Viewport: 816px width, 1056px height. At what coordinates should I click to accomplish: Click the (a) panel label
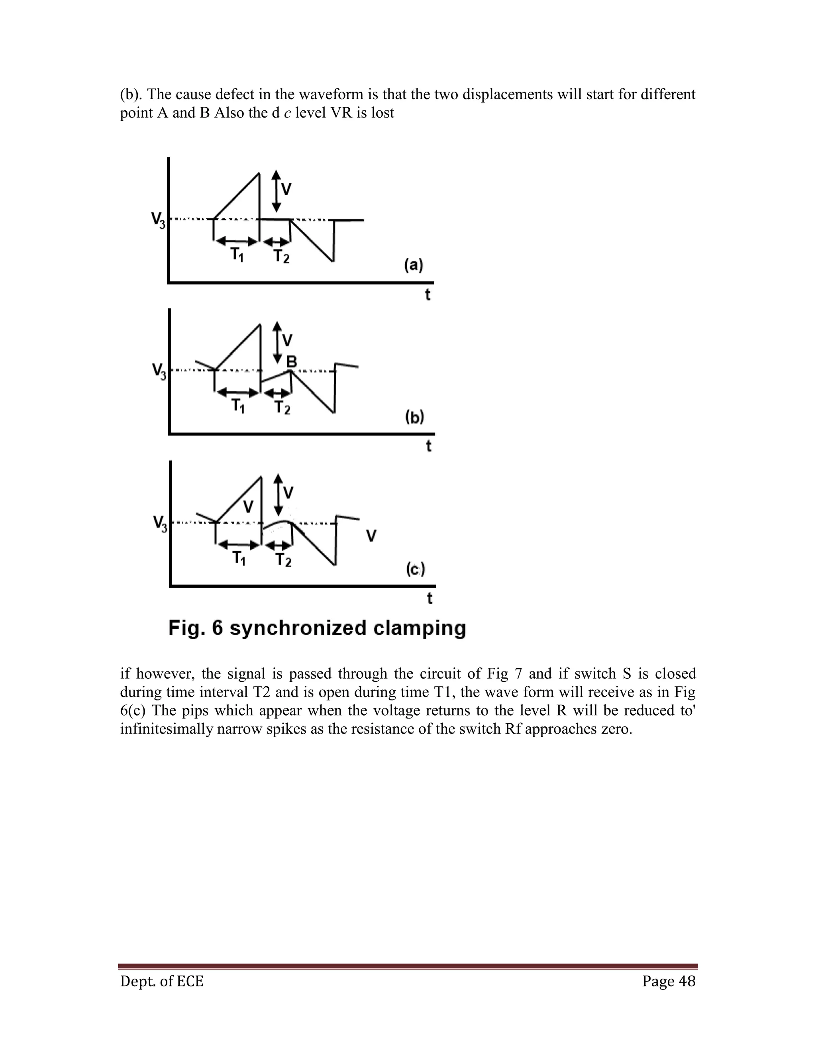point(414,265)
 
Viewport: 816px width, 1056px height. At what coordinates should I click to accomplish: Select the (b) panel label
point(414,417)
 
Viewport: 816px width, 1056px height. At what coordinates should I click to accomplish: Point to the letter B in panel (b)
point(292,361)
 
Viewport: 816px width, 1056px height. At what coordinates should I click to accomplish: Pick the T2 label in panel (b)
point(282,408)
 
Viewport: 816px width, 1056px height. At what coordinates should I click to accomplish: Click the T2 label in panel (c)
point(283,560)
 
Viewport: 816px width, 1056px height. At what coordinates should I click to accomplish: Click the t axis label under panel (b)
point(429,446)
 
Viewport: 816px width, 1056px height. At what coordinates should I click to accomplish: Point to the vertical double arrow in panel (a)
point(276,191)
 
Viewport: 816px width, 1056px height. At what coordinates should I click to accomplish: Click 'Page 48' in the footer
point(669,981)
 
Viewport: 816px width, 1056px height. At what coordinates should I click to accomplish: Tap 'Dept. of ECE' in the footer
point(162,981)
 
